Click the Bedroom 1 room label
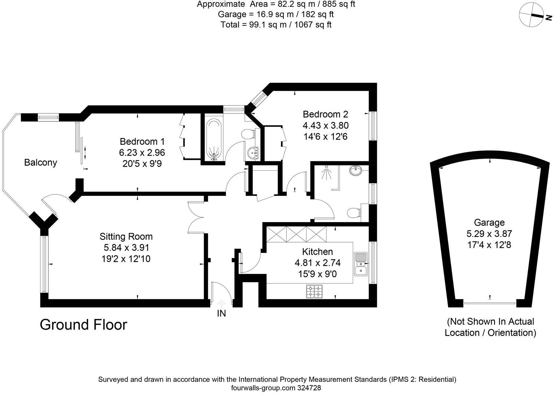(142, 141)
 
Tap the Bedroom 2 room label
(325, 114)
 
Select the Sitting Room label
(126, 236)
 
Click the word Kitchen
(317, 252)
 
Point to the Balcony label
(40, 162)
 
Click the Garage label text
(489, 222)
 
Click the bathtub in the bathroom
(213, 139)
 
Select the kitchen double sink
(360, 264)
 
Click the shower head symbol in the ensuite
(325, 173)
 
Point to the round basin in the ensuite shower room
(356, 171)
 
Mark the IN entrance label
(221, 314)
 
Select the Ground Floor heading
(83, 324)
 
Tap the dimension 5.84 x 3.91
(126, 247)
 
